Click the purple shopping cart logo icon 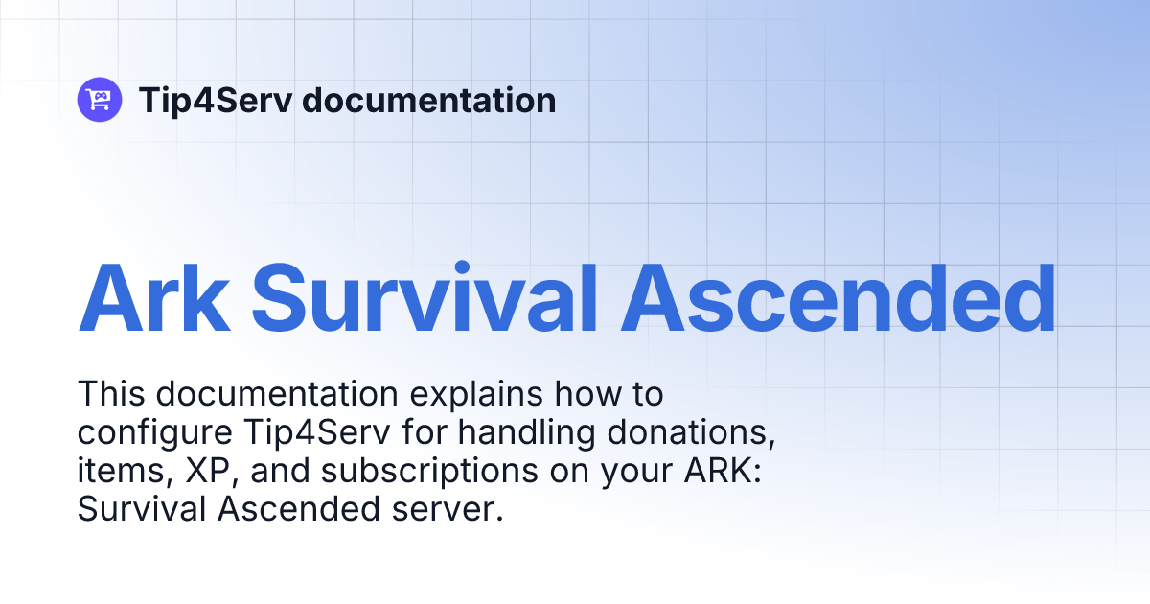(x=100, y=100)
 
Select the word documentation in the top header (x=428, y=101)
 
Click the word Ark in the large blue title (x=154, y=297)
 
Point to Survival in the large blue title (x=427, y=297)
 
